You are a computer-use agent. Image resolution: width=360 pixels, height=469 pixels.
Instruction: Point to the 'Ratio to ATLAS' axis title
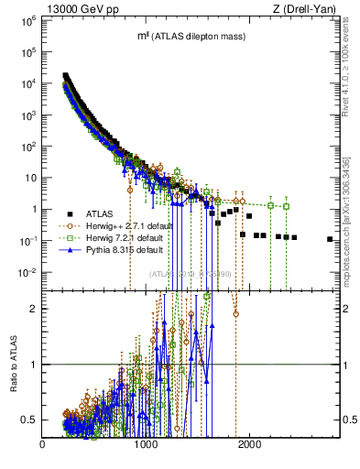coord(12,364)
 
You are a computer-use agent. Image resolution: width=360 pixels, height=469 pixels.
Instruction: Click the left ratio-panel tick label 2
coord(33,309)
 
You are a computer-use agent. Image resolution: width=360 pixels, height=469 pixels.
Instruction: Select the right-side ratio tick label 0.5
coord(348,420)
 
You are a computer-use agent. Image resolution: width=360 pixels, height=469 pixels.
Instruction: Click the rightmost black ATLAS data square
coord(330,239)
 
